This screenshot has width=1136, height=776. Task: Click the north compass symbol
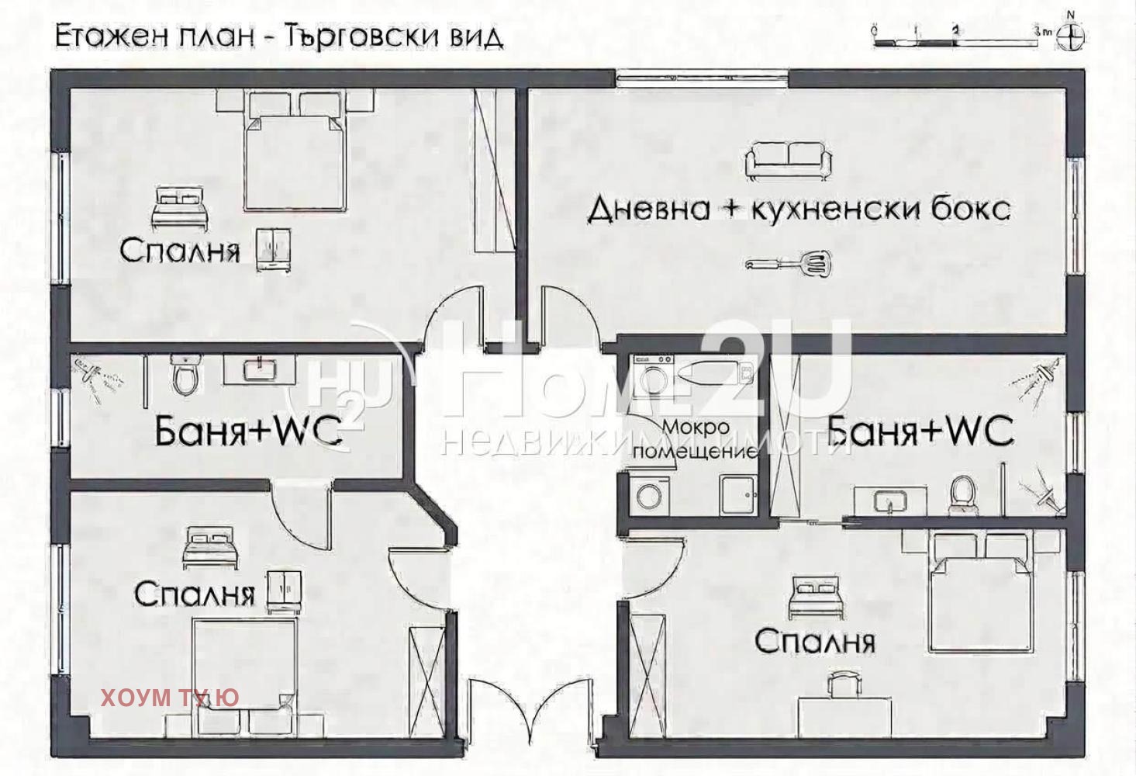pos(1072,36)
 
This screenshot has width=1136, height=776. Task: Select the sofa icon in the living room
pos(788,159)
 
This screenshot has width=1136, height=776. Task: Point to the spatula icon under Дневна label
pos(788,263)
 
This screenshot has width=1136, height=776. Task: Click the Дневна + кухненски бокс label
pos(799,209)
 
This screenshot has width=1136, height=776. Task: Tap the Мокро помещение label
pos(696,439)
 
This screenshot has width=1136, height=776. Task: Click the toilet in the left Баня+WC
pos(185,374)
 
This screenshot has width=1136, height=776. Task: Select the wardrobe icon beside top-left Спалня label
pos(273,249)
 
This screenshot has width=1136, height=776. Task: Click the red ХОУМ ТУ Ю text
pos(170,697)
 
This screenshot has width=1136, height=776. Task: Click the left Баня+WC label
pos(248,431)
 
